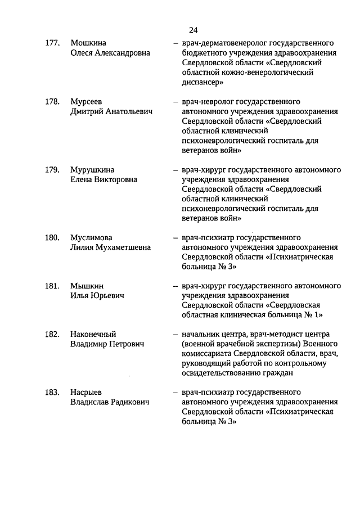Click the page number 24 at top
[x=193, y=30]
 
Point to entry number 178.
[x=52, y=102]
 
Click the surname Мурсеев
[x=87, y=102]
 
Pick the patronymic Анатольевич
[x=127, y=111]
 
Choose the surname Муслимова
[x=91, y=237]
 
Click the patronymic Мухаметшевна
[x=123, y=247]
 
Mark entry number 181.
[x=52, y=286]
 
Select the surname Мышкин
[x=87, y=286]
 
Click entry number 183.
[x=52, y=393]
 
